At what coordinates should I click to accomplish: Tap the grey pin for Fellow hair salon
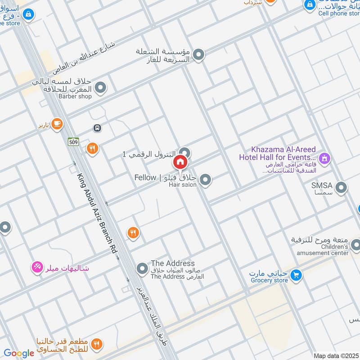click(x=206, y=180)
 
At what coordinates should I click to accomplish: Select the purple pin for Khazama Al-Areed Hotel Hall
click(x=324, y=158)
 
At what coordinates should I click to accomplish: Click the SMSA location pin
click(x=341, y=188)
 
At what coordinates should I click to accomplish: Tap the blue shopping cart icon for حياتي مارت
click(x=296, y=274)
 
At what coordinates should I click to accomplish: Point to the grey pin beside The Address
click(x=143, y=269)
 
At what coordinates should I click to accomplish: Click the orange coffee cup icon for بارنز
click(x=57, y=124)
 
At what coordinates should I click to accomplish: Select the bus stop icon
click(x=97, y=128)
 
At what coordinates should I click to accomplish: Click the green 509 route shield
click(x=73, y=142)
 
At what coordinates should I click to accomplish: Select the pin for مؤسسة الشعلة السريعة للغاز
click(x=198, y=55)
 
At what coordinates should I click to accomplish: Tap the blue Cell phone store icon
click(x=310, y=5)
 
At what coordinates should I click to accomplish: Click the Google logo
click(x=19, y=353)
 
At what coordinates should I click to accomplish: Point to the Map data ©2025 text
click(x=335, y=355)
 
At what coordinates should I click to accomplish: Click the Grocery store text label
click(x=270, y=280)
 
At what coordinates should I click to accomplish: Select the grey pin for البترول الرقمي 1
click(x=184, y=153)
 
